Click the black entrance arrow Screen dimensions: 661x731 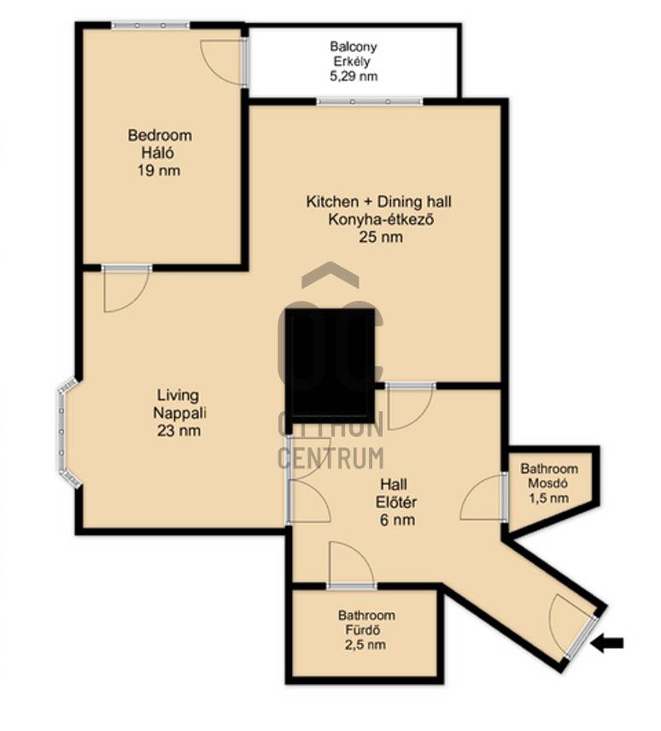(x=607, y=644)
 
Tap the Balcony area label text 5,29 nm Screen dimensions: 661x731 (x=354, y=76)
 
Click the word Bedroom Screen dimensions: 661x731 (x=160, y=135)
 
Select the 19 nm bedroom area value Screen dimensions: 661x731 (x=159, y=170)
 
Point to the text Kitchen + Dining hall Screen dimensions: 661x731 (x=378, y=202)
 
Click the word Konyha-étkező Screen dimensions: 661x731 (x=381, y=219)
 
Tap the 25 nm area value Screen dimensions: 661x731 (x=381, y=237)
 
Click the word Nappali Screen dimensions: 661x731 (x=179, y=413)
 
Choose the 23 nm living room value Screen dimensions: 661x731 (x=178, y=430)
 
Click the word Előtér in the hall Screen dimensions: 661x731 (x=396, y=502)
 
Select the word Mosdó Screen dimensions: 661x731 (x=547, y=483)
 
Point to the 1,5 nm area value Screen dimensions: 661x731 (x=548, y=498)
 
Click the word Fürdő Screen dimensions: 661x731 (x=363, y=630)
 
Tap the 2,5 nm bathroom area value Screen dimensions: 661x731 (x=364, y=645)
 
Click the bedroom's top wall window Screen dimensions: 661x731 (x=150, y=25)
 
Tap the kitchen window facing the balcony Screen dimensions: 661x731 (x=370, y=101)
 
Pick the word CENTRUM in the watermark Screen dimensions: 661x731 (x=330, y=457)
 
